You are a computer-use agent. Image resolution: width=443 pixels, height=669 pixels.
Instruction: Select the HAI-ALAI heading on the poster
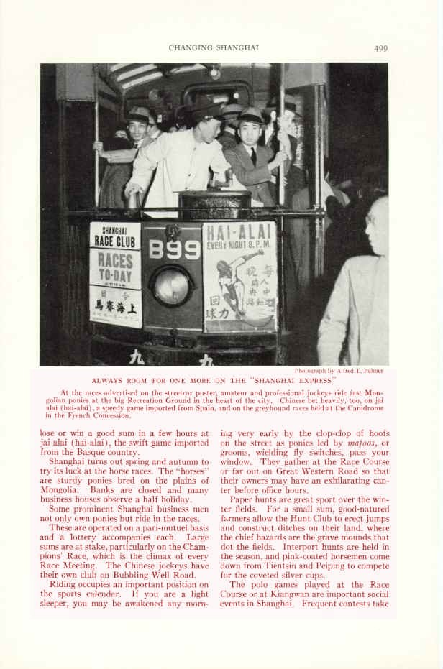240,233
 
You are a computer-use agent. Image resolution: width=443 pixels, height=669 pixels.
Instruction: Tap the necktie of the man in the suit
253,157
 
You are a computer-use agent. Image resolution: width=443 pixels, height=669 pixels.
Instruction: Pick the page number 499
380,48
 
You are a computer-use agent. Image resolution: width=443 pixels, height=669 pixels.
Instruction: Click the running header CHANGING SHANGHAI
214,48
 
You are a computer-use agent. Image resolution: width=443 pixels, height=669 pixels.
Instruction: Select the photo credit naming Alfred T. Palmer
338,371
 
